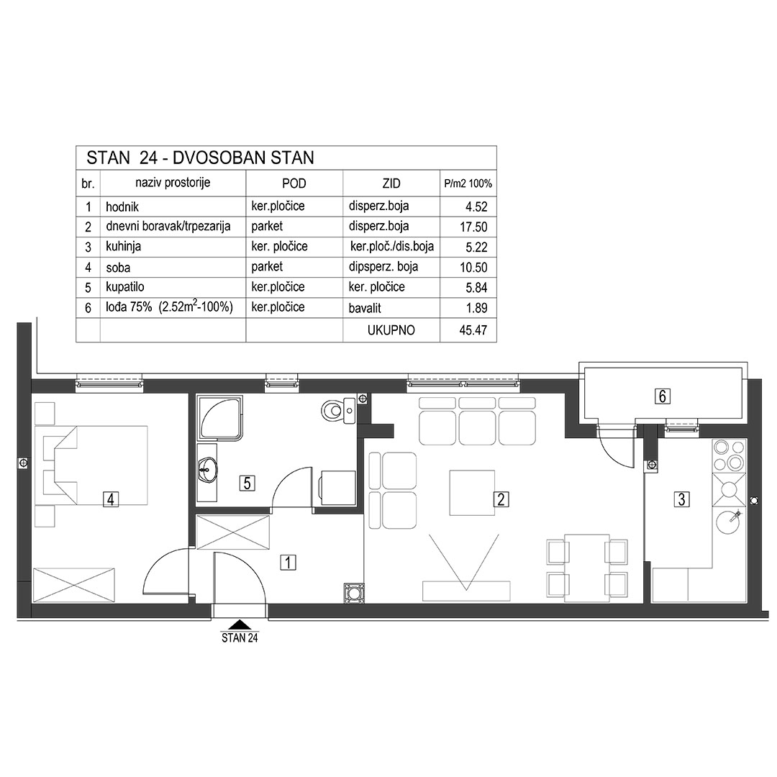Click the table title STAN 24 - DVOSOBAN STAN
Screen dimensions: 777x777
(200, 158)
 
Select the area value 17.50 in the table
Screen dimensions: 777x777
(473, 227)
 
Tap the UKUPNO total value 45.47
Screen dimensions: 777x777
(473, 330)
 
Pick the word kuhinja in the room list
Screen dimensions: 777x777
(124, 247)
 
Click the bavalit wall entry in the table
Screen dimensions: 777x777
(365, 308)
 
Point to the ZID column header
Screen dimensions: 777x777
(391, 183)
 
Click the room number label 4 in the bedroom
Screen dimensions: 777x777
(111, 499)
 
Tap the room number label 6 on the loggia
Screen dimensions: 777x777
(663, 396)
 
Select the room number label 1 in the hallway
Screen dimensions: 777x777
(288, 563)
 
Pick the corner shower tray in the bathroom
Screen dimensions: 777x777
(220, 417)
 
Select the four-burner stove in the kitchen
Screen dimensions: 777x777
(729, 456)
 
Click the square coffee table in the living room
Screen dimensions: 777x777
(472, 493)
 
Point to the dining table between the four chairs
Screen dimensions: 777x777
(587, 568)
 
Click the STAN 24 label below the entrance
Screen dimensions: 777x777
(240, 637)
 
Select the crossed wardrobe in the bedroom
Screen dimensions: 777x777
(74, 585)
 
